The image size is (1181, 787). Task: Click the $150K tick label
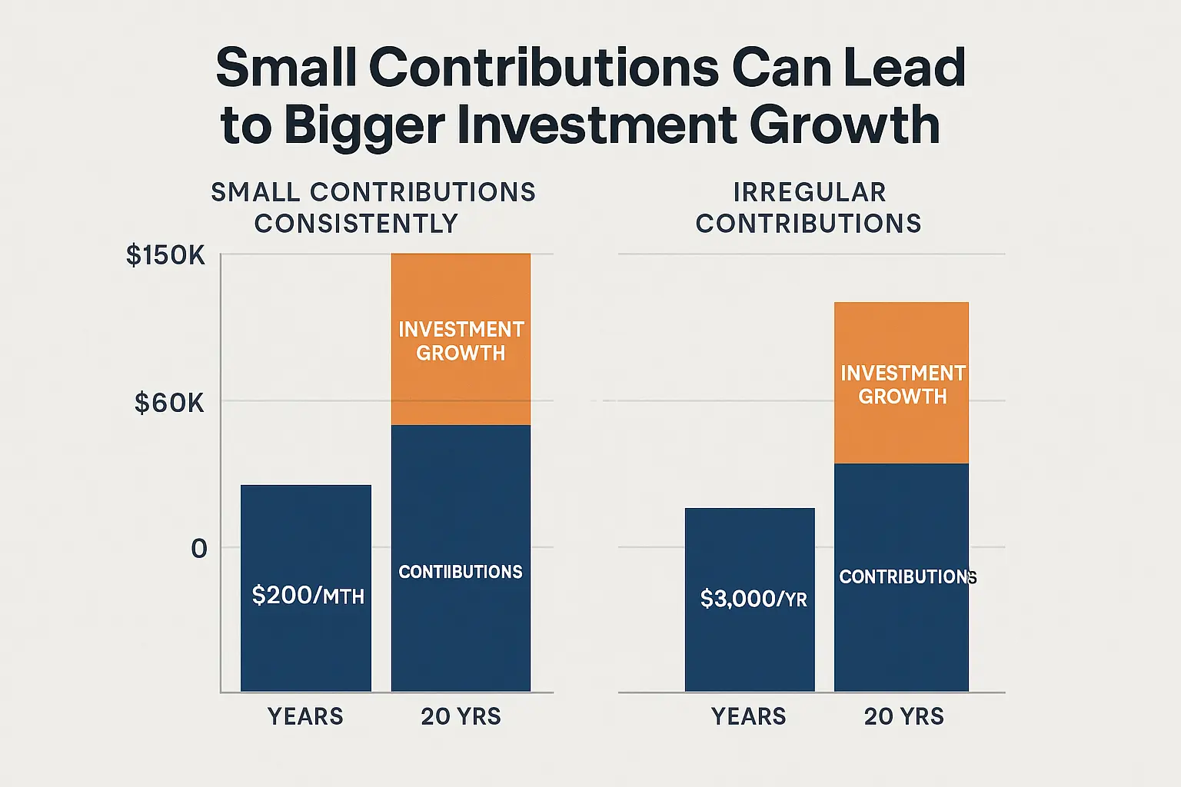[x=165, y=255]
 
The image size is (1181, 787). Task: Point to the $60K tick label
[x=169, y=403]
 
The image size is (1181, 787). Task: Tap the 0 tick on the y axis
[x=199, y=549]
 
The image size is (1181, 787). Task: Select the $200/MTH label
[x=308, y=595]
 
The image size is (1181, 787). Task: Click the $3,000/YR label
[x=754, y=599]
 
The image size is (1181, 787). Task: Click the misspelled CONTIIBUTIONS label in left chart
[x=460, y=572]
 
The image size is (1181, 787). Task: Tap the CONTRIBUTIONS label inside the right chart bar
[x=907, y=576]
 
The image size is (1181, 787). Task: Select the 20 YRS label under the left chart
[x=461, y=716]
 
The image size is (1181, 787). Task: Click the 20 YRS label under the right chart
[x=903, y=716]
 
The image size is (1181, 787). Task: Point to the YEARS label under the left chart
[x=305, y=716]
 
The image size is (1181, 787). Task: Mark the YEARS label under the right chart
[x=748, y=716]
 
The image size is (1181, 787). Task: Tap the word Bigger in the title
[x=364, y=126]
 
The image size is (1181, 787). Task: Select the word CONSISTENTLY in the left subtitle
[x=356, y=224]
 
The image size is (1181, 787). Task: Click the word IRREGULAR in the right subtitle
[x=810, y=192]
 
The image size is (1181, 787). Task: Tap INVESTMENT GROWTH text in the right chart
[x=903, y=384]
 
